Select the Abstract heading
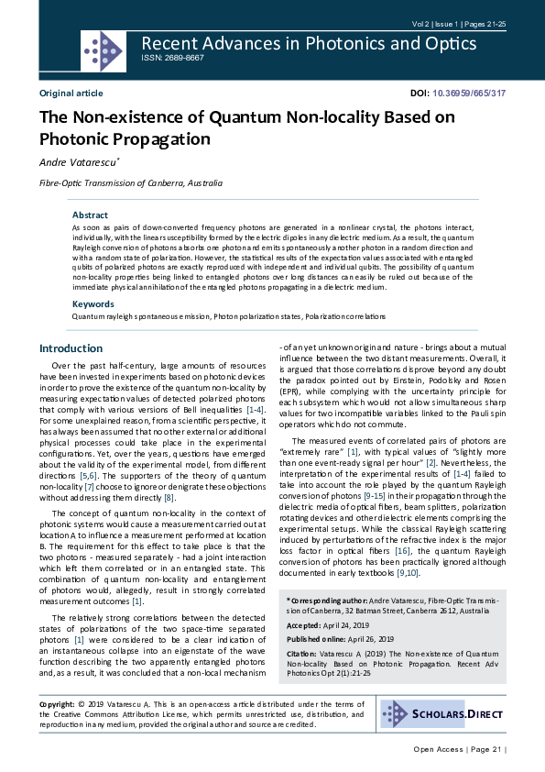click(90, 215)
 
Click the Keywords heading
click(93, 303)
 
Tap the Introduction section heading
click(71, 348)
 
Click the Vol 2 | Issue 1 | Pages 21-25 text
click(457, 23)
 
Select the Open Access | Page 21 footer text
click(458, 749)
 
